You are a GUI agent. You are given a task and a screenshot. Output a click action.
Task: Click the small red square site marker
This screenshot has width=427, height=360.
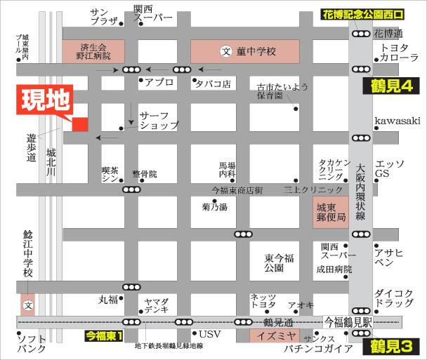pyautogui.click(x=79, y=124)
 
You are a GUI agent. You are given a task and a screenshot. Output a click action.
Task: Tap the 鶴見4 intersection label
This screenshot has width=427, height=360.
pyautogui.click(x=390, y=87)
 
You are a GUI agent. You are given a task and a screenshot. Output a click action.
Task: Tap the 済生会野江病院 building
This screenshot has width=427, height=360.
pyautogui.click(x=93, y=51)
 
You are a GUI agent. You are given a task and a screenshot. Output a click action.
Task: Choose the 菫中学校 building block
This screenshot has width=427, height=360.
pyautogui.click(x=245, y=51)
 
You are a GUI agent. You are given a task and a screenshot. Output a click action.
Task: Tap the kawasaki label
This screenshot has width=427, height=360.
pyautogui.click(x=397, y=121)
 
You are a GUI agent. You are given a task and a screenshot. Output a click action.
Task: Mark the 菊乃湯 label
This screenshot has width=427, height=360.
pyautogui.click(x=214, y=207)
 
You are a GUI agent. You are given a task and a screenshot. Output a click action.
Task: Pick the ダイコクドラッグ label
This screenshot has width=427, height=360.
pyautogui.click(x=394, y=298)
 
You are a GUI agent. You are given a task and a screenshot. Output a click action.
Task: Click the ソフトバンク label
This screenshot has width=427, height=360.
pyautogui.click(x=32, y=344)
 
